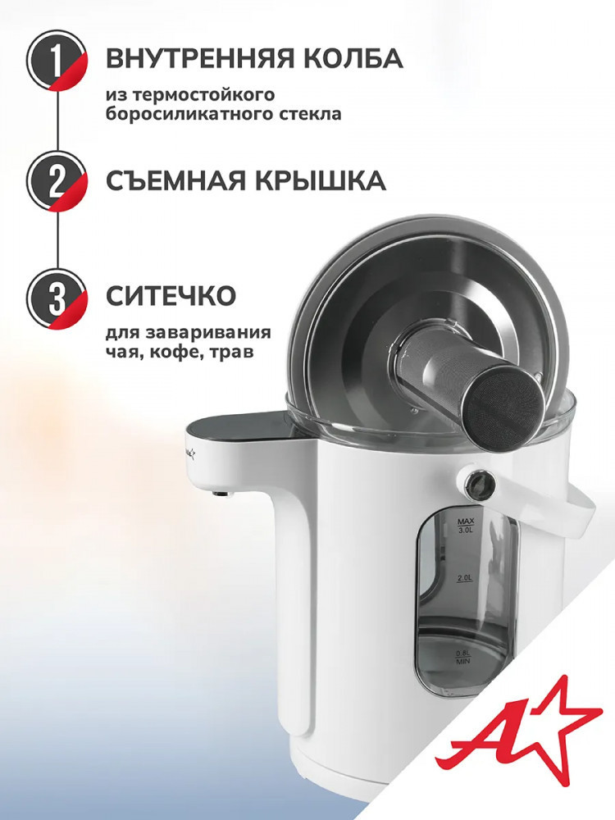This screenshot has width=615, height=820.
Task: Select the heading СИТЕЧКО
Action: click(171, 296)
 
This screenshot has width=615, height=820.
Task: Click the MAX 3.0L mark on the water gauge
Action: click(465, 526)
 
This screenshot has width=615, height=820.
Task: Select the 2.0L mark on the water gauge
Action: click(465, 579)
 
